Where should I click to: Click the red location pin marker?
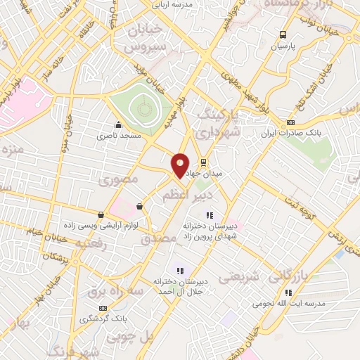(180, 164)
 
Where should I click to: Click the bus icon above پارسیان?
(283, 34)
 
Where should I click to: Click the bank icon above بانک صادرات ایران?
(290, 122)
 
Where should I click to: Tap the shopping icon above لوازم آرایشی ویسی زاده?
(101, 215)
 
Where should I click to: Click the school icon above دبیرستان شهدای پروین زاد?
(208, 215)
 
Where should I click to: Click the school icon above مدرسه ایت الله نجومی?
(287, 292)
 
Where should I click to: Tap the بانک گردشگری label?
(103, 319)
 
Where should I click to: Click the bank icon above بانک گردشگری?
(103, 308)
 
